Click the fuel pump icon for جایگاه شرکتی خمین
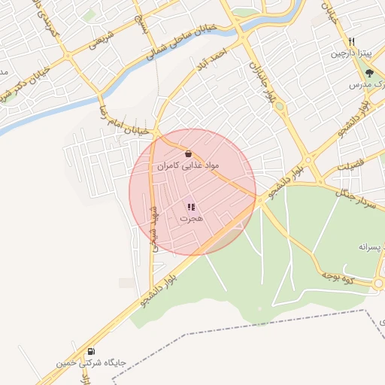91,350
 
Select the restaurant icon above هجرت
191,207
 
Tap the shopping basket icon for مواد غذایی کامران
187,153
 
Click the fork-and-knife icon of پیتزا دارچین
352,42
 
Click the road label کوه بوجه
338,277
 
